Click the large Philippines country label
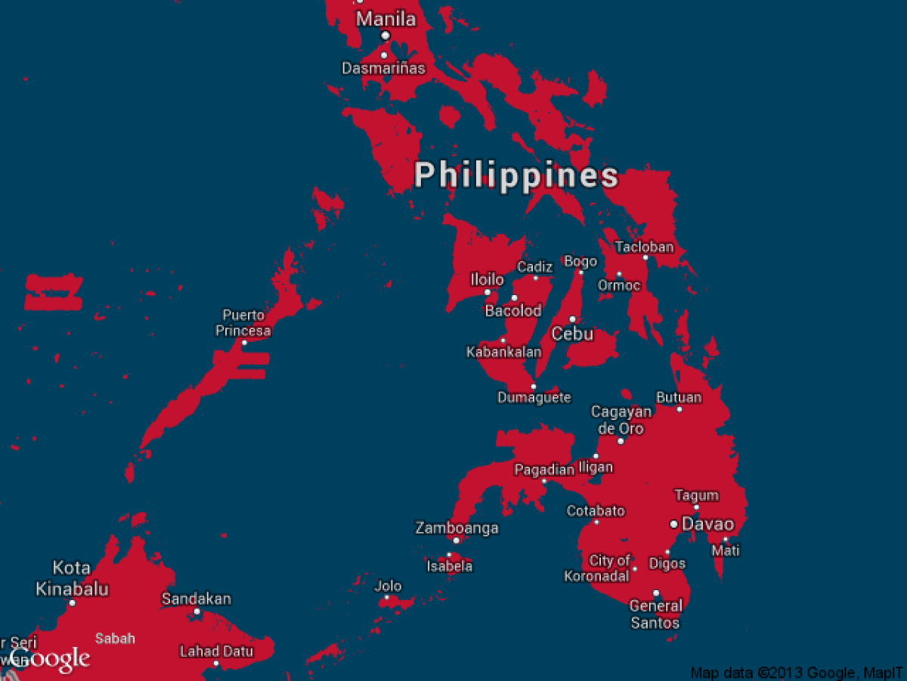516,176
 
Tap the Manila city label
386,19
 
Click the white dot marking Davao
673,524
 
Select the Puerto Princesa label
243,323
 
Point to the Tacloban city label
644,247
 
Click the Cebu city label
572,334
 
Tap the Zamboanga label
457,528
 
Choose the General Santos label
656,614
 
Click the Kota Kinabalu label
73,578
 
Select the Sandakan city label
197,599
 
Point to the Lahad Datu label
216,651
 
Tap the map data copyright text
797,673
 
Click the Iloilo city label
487,279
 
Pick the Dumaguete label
534,397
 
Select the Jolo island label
388,586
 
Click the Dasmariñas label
384,68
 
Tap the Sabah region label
116,638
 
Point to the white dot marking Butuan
679,409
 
